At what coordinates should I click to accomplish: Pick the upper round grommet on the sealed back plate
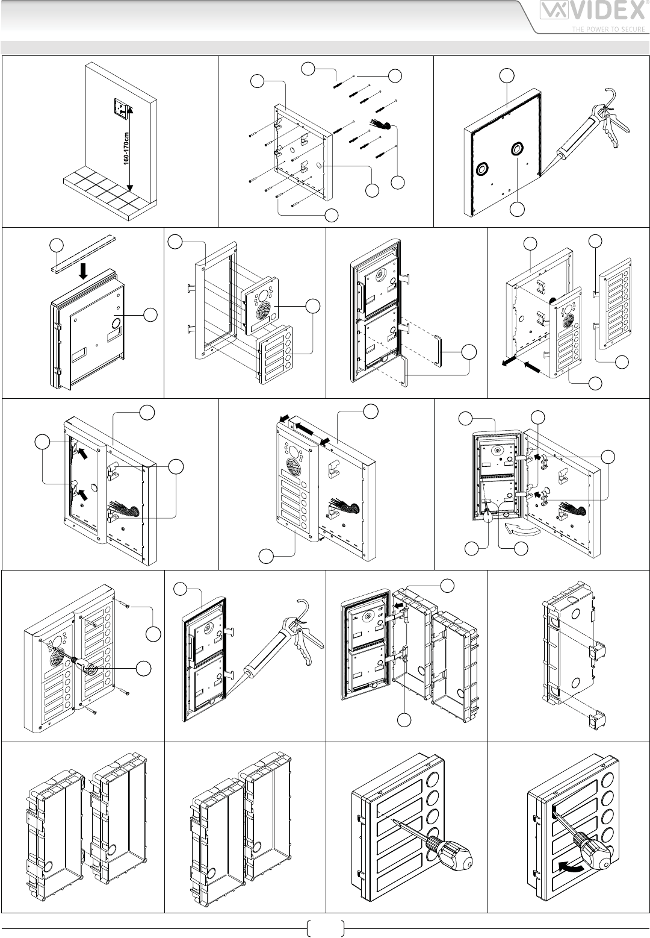(x=516, y=149)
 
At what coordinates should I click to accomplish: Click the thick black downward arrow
(x=84, y=269)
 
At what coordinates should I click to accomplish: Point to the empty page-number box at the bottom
(x=325, y=928)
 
